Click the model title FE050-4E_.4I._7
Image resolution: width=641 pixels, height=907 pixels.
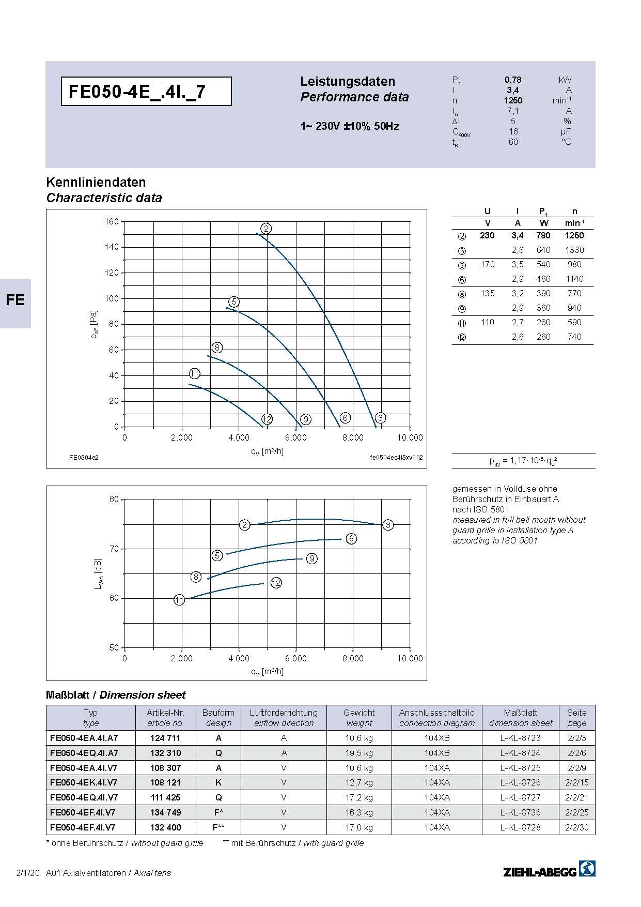point(137,92)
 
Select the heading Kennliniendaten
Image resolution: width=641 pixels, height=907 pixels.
point(96,182)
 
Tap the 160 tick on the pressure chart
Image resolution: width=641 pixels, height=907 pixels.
point(112,221)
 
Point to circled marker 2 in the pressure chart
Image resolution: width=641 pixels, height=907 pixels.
point(266,229)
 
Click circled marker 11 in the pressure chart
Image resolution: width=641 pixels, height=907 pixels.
point(195,373)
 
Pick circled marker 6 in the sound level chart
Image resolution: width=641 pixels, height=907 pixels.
point(351,539)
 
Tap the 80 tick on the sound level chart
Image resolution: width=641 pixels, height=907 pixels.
point(114,499)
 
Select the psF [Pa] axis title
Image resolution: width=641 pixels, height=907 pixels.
point(94,325)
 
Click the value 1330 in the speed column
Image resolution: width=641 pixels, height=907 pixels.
point(574,250)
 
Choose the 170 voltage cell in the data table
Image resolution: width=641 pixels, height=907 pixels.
point(488,264)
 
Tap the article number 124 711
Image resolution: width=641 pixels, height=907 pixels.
point(165,738)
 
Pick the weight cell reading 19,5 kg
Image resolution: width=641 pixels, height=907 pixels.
point(359,753)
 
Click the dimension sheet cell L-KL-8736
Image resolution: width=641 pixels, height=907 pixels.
point(520,812)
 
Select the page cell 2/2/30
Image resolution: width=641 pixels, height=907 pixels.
point(577,827)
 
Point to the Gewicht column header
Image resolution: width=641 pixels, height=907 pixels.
point(359,713)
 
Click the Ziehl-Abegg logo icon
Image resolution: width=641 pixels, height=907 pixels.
point(587,868)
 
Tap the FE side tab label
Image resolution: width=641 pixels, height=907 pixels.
point(15,300)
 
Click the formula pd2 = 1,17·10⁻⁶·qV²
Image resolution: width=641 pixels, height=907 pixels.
point(523,461)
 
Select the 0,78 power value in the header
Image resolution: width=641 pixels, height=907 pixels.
point(513,80)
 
